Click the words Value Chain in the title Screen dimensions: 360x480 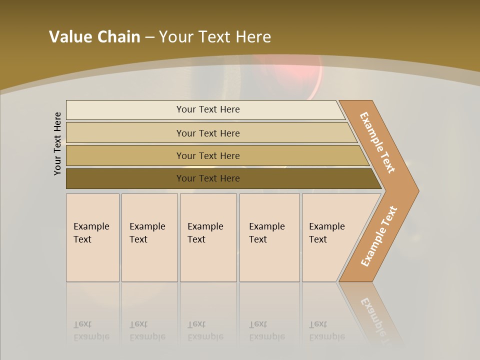(94, 37)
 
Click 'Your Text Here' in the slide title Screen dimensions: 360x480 (215, 37)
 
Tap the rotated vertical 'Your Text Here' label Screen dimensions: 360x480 (57, 144)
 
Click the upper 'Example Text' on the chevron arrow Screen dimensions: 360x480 (377, 142)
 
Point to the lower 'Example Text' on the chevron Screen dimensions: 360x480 (379, 236)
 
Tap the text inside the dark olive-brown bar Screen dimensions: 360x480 (208, 178)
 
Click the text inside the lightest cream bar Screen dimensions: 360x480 (208, 109)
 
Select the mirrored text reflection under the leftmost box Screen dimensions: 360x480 (91, 331)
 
